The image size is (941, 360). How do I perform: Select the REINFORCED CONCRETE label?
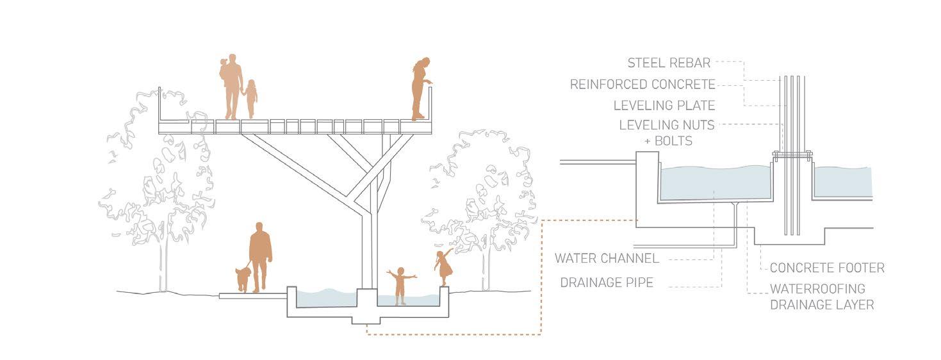642,84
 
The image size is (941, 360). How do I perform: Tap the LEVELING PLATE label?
664,105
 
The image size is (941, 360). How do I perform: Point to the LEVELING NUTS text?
667,126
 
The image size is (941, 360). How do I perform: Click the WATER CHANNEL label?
607,259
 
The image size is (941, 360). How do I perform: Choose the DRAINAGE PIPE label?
607,282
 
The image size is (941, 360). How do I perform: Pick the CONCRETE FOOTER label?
827,268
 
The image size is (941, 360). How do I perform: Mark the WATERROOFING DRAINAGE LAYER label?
822,297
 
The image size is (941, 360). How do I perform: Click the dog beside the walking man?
243,279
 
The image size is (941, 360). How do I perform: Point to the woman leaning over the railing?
420,88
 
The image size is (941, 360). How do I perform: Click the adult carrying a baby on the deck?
231,85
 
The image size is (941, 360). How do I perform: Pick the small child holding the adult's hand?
250,98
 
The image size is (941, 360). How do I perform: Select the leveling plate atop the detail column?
792,154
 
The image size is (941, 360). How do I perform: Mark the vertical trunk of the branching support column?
367,250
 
